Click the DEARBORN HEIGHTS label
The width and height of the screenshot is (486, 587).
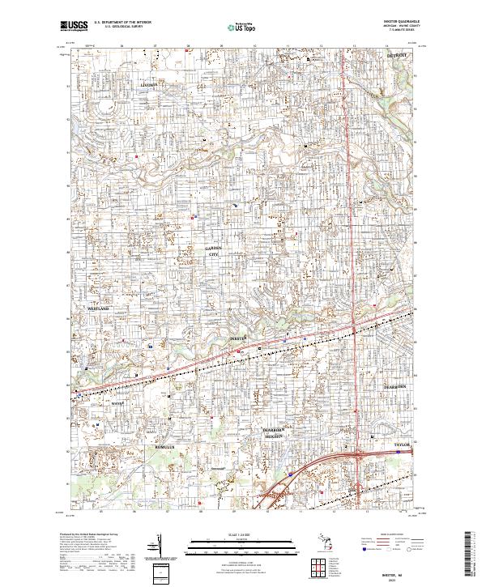coord(273,432)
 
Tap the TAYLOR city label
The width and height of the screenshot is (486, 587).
coord(403,446)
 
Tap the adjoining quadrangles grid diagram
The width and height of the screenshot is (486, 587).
coord(316,566)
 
